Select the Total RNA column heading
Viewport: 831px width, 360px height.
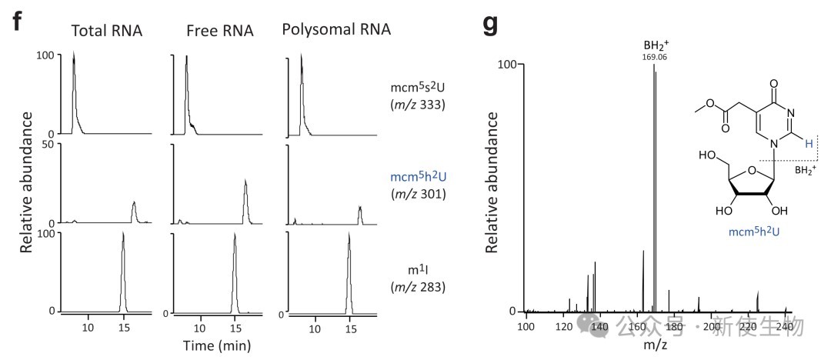(x=106, y=31)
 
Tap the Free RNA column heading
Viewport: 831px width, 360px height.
(x=217, y=31)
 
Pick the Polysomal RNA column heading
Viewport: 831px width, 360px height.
(x=336, y=30)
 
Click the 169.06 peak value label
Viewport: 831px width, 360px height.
(x=653, y=57)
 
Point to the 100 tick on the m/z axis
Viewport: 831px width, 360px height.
(x=526, y=328)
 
